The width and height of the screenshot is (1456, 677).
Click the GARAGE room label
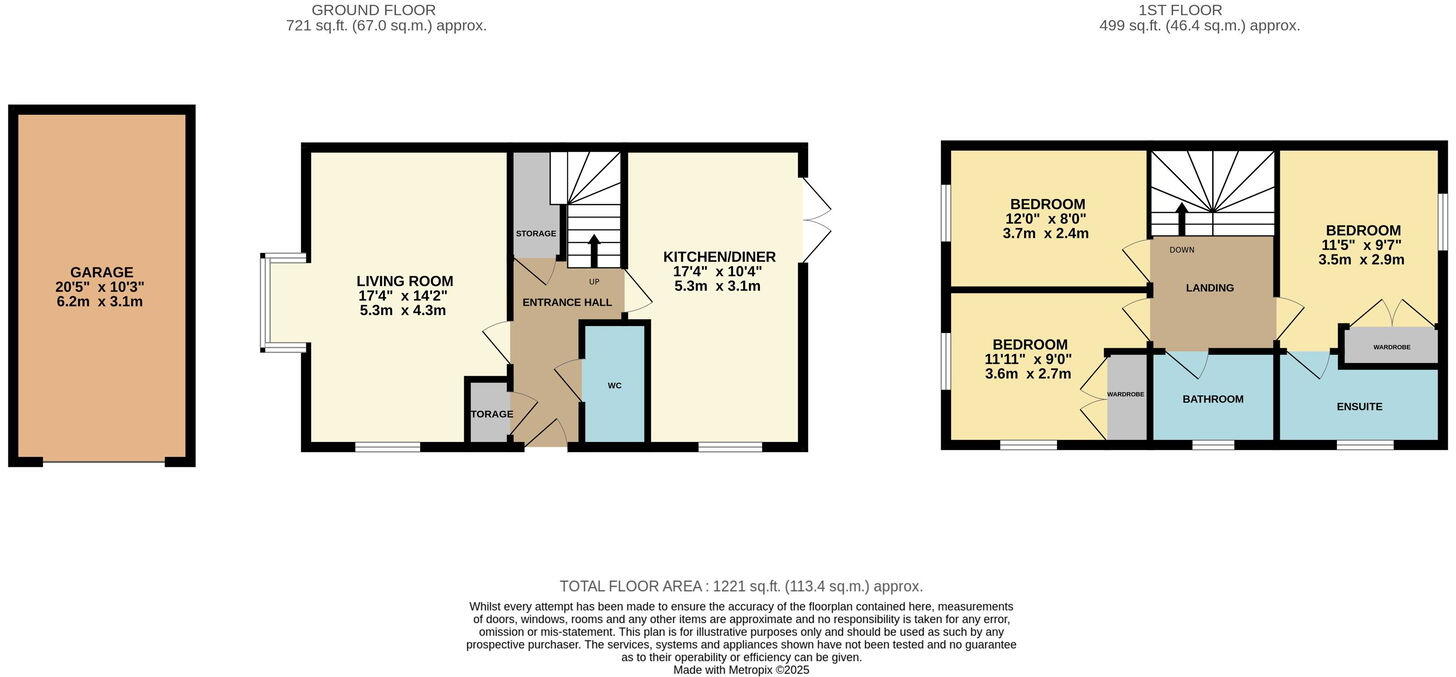point(101,272)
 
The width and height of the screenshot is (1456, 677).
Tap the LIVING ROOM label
point(405,281)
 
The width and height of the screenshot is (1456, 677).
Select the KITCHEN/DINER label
point(719,257)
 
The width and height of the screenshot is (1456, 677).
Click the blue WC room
point(614,384)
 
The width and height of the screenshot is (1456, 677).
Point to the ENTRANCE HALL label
point(567,302)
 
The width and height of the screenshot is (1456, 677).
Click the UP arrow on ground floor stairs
point(594,250)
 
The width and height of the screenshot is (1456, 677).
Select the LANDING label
point(1210,288)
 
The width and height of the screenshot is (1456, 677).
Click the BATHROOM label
point(1213,399)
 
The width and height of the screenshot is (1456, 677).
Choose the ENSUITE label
point(1359,407)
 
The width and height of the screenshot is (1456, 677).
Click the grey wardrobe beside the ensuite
point(1391,346)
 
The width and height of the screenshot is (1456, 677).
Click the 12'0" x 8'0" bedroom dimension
point(1047,219)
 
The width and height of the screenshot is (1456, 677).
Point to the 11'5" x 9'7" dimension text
point(1361,245)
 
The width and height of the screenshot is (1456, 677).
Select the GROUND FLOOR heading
point(373,10)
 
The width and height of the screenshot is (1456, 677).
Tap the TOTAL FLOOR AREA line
point(741,586)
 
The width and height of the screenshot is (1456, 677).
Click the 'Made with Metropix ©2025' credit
point(741,670)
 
